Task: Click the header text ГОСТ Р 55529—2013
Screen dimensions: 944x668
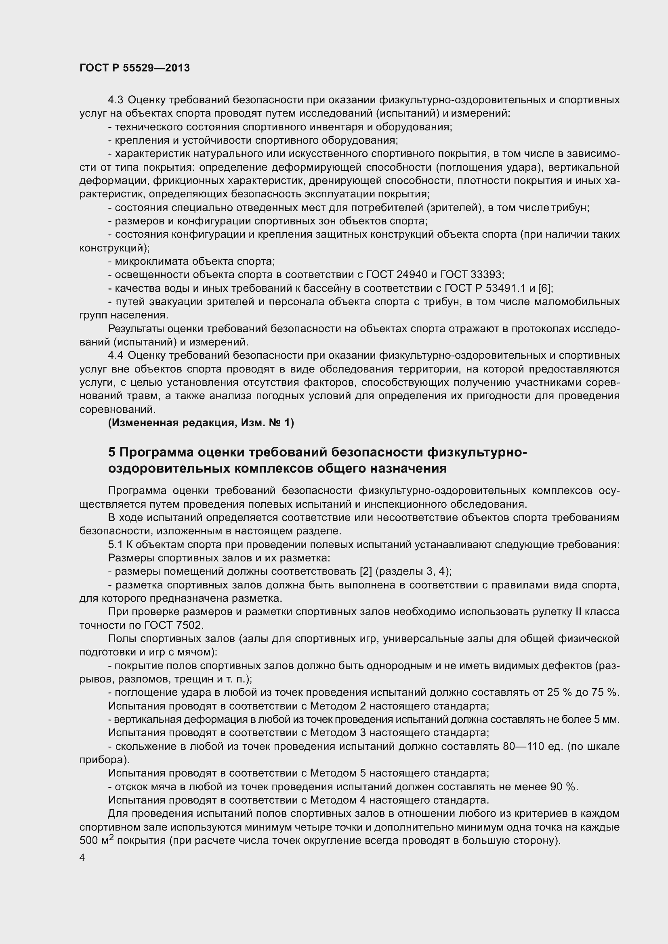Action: [x=134, y=68]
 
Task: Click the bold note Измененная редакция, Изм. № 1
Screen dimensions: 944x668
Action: [x=201, y=423]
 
